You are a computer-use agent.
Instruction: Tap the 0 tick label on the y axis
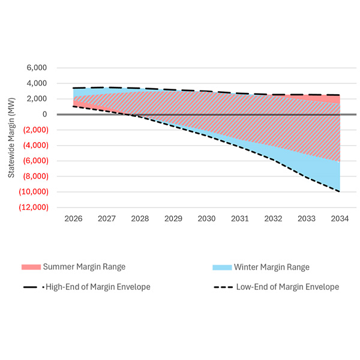[x=45, y=115]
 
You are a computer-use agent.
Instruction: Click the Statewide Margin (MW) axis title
[x=11, y=137]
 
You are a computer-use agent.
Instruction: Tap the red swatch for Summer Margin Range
[x=31, y=267]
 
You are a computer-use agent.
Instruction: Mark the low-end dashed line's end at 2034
[x=340, y=191]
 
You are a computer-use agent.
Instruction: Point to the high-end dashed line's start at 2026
[x=73, y=88]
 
